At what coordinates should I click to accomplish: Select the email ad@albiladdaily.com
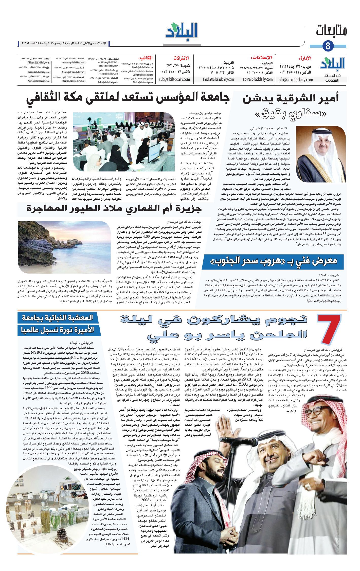click(x=257, y=79)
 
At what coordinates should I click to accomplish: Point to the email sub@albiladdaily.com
click(x=174, y=79)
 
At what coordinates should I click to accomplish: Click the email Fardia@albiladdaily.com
click(x=218, y=79)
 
